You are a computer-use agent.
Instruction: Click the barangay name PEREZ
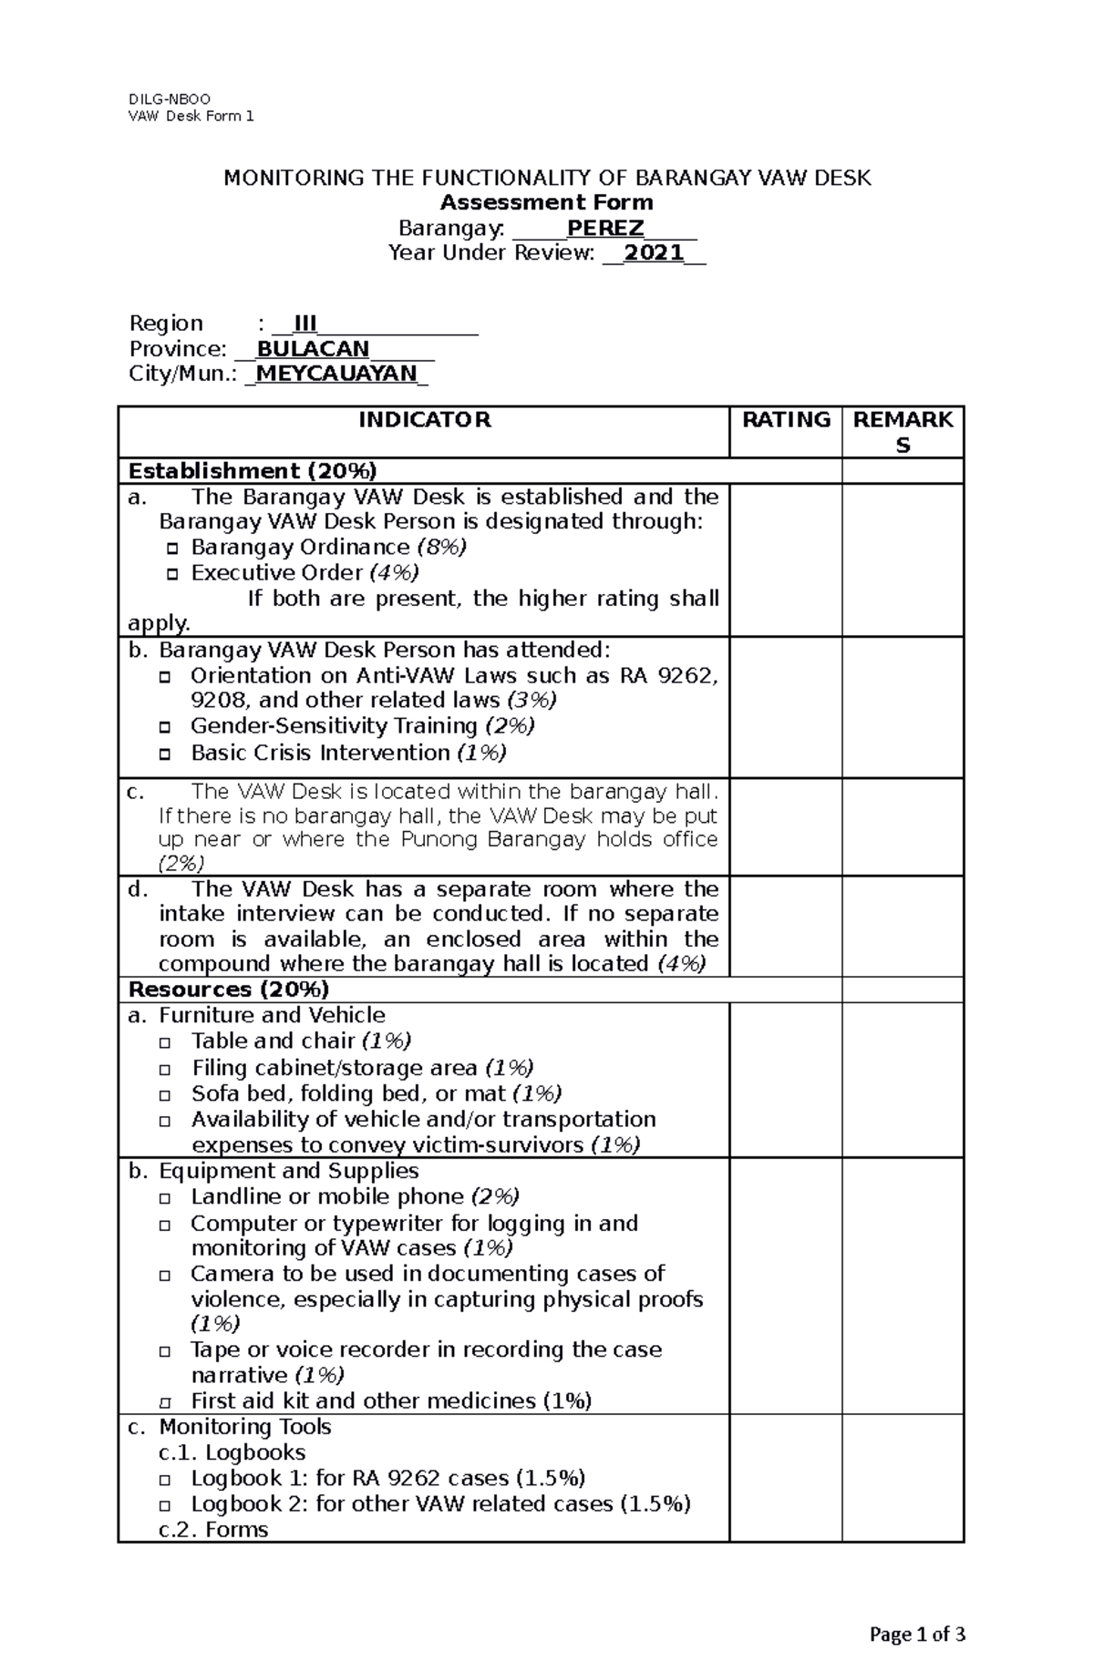(x=605, y=228)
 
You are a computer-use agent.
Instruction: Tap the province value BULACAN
(x=313, y=349)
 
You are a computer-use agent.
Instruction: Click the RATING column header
(x=785, y=420)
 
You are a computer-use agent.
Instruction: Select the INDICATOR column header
(x=424, y=420)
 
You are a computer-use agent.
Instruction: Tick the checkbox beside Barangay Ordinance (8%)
(x=172, y=549)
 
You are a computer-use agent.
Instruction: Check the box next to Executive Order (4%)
(x=172, y=574)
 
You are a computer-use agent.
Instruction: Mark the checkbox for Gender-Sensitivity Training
(x=165, y=727)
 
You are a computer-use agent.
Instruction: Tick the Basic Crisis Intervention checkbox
(x=165, y=754)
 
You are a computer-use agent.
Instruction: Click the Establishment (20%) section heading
(x=253, y=471)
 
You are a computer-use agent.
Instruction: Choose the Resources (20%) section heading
(x=229, y=990)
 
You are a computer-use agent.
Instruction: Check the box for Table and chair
(x=165, y=1042)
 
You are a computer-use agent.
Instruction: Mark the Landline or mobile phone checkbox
(x=165, y=1198)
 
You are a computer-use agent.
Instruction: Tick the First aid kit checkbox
(x=165, y=1402)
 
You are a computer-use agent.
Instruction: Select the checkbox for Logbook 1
(x=165, y=1480)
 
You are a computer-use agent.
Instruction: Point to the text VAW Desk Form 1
(x=191, y=116)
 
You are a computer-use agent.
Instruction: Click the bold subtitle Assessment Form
(x=547, y=202)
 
